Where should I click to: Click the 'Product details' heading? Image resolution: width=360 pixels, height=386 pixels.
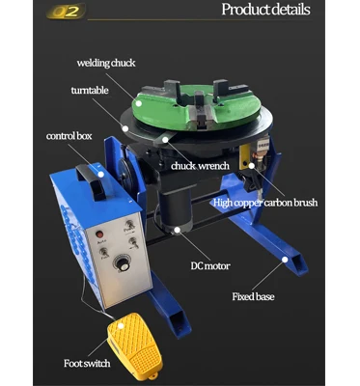click(x=266, y=11)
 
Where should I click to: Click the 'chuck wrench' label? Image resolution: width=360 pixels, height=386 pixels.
click(x=200, y=166)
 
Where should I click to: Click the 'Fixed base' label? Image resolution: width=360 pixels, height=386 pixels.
click(x=253, y=296)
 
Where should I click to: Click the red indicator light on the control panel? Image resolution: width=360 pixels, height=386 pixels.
click(x=97, y=234)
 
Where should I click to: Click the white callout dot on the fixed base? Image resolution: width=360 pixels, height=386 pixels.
click(x=286, y=259)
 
